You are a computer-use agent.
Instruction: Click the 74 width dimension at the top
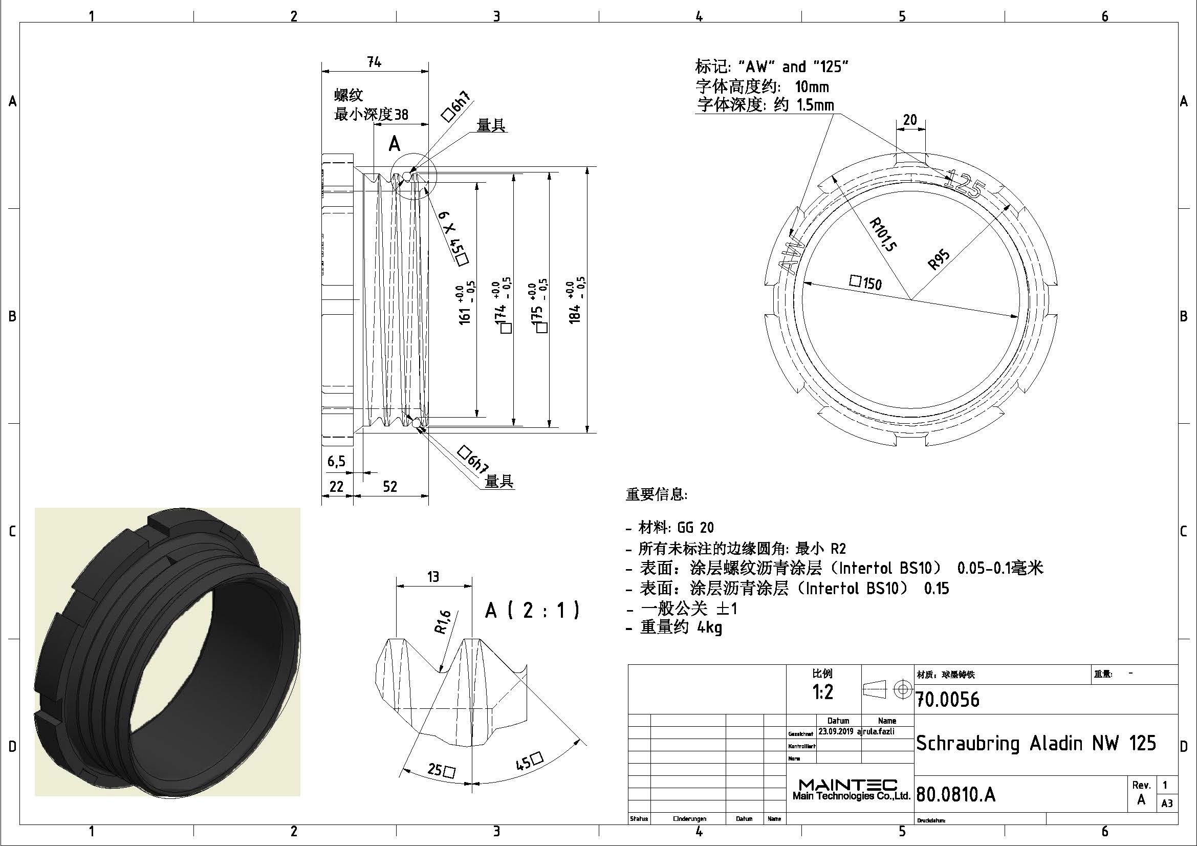pos(374,62)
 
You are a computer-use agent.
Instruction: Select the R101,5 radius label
pos(883,234)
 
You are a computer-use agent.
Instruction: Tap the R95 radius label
pos(939,259)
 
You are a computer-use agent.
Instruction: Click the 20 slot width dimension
pos(910,120)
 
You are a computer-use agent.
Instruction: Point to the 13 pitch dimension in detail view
pos(433,576)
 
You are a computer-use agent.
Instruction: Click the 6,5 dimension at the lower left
pos(336,461)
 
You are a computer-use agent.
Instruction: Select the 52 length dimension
pos(390,486)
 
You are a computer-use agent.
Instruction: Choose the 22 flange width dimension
pos(336,486)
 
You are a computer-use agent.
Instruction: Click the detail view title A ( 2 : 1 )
pos(532,610)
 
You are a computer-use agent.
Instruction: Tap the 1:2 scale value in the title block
pos(823,692)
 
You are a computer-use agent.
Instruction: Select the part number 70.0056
pos(948,700)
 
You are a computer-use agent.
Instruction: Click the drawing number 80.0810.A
pos(955,794)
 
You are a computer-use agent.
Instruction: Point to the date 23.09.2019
pos(836,731)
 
